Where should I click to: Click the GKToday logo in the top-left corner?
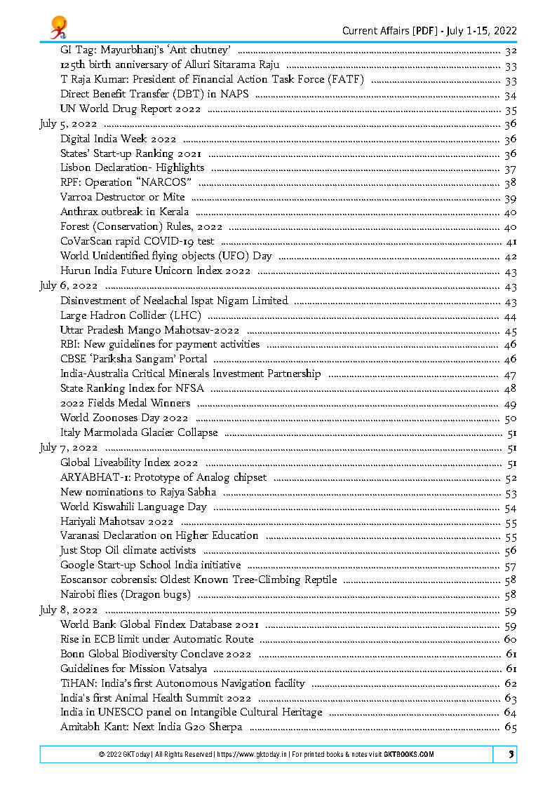coord(58,29)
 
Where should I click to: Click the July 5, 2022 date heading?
coord(68,124)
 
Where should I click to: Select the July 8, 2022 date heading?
coord(68,610)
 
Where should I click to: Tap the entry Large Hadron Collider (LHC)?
coord(130,315)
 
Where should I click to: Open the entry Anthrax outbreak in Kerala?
coord(124,212)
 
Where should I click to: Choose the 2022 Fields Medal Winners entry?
coord(125,403)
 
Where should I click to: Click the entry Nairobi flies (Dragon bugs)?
coord(125,594)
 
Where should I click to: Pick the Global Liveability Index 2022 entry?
coord(129,463)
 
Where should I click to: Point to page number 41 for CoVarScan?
coord(511,242)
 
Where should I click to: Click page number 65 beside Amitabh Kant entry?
coord(510,727)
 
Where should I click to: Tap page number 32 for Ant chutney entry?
coord(511,50)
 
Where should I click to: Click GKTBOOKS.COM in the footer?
coord(408,754)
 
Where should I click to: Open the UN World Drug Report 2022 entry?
coord(130,109)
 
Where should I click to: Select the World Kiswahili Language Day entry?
coord(133,507)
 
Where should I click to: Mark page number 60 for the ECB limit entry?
coord(510,639)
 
